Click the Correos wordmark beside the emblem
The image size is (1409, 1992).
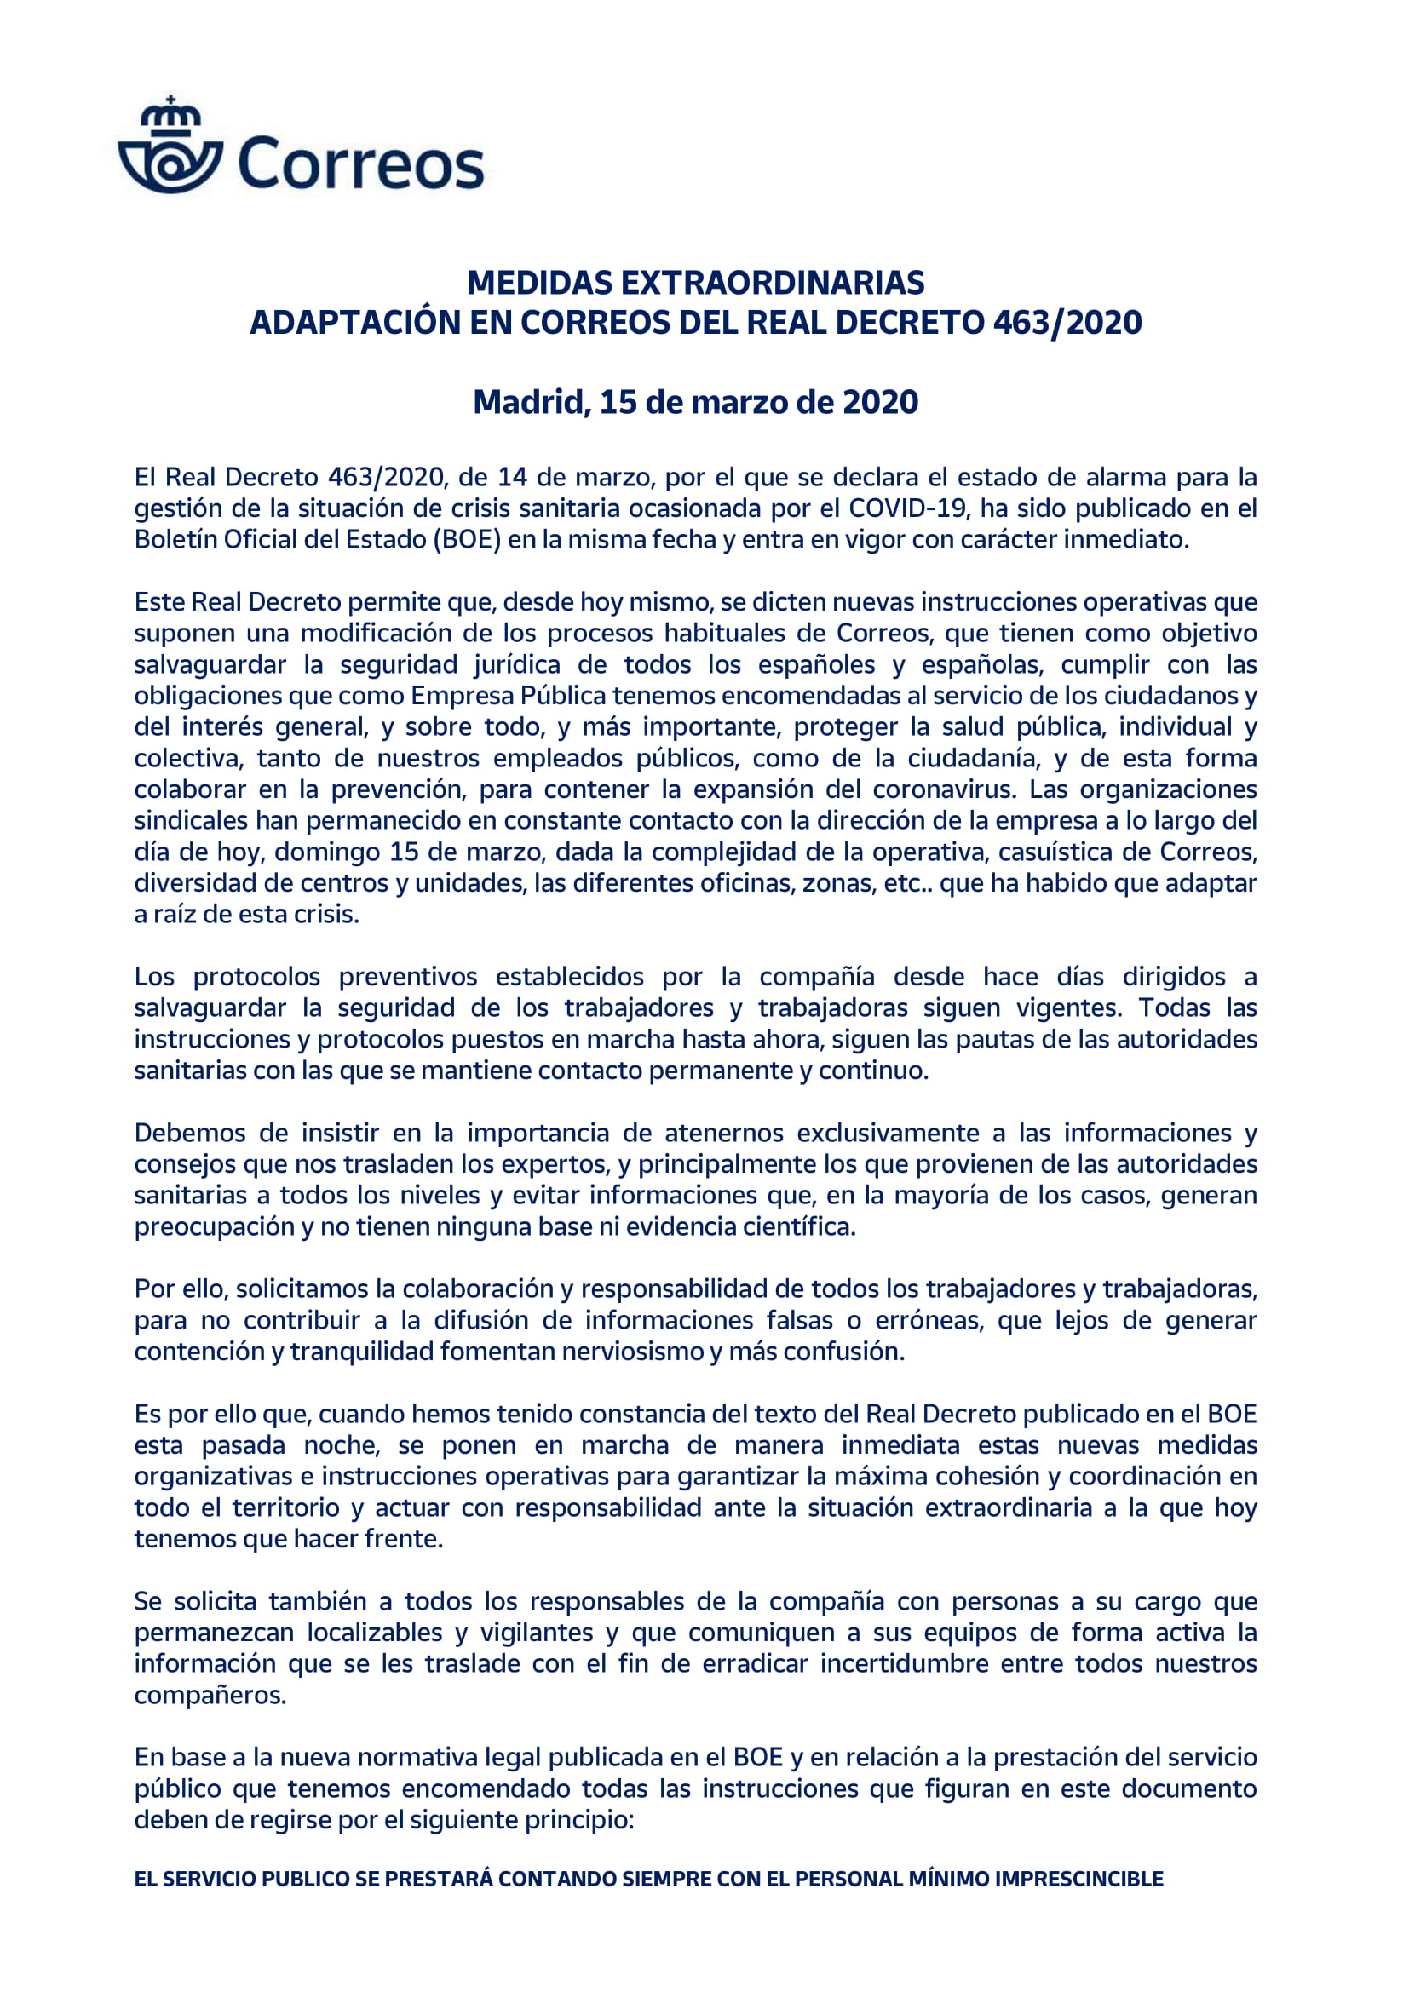coord(360,165)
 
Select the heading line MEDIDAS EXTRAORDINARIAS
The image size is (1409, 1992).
coord(695,283)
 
